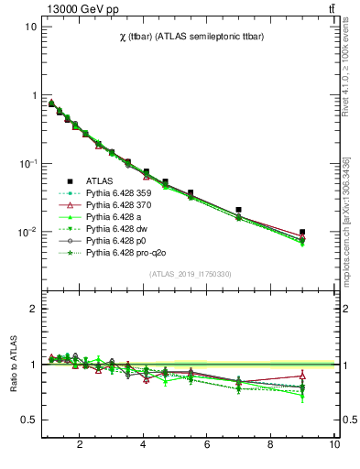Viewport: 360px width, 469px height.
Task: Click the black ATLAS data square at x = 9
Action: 302,233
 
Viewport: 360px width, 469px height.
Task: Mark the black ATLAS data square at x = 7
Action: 239,210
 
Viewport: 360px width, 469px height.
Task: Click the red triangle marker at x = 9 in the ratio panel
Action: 302,376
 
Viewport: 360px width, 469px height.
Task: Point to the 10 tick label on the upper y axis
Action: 30,27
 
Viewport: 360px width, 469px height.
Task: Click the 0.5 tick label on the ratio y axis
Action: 27,420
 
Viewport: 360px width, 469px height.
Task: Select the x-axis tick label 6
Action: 207,446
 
